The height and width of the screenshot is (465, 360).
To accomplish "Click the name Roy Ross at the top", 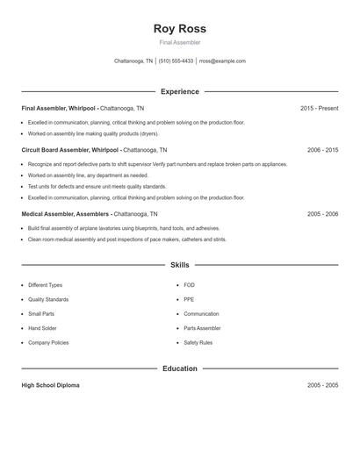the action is coord(179,29).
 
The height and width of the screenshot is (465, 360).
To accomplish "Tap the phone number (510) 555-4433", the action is coord(176,61).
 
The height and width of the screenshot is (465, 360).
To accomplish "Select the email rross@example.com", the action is coord(222,61).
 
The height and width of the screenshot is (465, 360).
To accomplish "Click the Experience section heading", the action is coord(179,91).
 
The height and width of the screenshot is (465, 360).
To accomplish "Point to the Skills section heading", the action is coord(179,264).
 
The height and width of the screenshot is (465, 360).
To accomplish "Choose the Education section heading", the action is coord(179,368).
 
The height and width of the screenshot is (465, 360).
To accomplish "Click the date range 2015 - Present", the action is coord(319,108).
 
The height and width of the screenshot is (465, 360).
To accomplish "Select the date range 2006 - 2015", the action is coord(322,150).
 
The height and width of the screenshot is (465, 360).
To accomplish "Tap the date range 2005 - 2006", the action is coord(322,214).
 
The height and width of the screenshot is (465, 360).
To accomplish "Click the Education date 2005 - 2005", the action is coord(322,385).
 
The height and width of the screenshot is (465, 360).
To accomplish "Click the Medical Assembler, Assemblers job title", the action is coord(66,214).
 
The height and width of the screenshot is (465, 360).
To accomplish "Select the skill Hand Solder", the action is coord(43,328).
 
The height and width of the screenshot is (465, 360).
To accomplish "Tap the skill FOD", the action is coord(189,285).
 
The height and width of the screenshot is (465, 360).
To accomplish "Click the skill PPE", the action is coord(189,299).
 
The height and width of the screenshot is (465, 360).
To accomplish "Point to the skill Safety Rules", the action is coord(198,342).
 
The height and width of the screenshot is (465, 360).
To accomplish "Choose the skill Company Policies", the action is coord(48,342).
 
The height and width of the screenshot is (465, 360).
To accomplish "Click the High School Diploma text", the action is coord(50,385).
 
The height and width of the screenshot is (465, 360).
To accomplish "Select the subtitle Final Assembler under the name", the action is coord(179,42).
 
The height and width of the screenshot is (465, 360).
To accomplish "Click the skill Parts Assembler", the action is coord(202,328).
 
